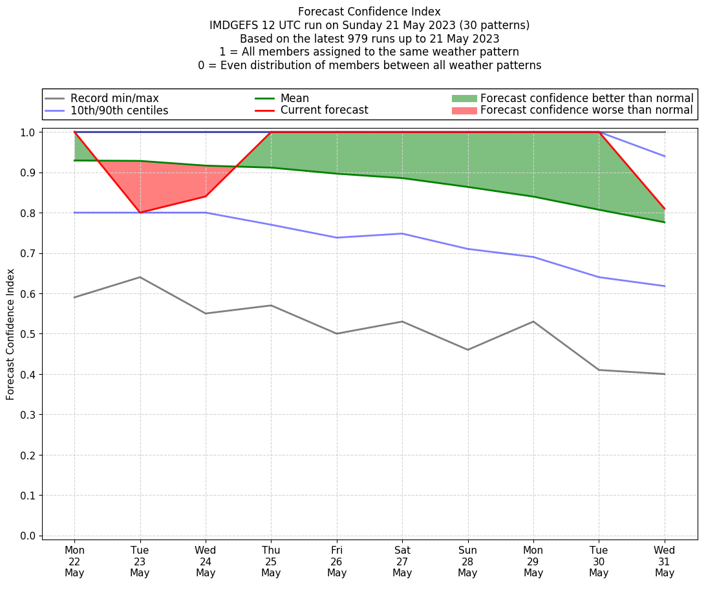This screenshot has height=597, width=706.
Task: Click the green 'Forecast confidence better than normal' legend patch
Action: point(464,98)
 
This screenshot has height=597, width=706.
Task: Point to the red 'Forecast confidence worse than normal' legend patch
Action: point(464,110)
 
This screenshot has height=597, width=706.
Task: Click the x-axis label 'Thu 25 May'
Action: point(271,561)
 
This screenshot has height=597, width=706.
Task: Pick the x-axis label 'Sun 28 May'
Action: point(467,561)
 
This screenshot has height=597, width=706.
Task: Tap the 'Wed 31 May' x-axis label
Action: point(664,561)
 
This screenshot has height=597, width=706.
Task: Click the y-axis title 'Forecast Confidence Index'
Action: point(11,334)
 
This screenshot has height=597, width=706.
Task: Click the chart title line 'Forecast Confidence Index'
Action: point(369,12)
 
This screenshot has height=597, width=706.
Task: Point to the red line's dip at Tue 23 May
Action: point(140,213)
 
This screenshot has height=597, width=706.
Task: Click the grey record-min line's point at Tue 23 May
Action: point(140,277)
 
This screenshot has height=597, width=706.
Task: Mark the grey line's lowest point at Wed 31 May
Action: point(664,374)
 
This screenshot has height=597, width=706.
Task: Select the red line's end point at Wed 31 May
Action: point(664,209)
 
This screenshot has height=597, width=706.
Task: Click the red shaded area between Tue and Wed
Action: point(168,184)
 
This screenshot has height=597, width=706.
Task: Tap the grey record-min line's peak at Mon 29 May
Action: point(533,322)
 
